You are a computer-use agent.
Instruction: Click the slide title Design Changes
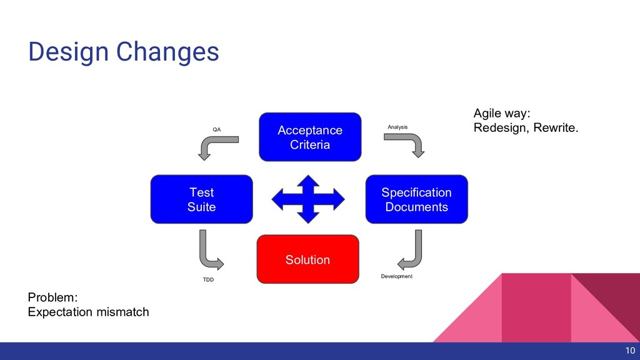(x=123, y=52)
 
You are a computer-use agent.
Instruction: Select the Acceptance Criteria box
(x=310, y=137)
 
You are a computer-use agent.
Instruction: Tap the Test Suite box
(x=201, y=199)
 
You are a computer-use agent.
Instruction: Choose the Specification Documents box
(x=416, y=199)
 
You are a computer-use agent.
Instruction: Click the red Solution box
(x=307, y=259)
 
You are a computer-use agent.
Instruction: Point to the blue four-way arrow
(x=307, y=199)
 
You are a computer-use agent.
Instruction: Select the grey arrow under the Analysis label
(x=406, y=143)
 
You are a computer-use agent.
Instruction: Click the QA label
(x=217, y=129)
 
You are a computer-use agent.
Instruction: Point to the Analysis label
(x=397, y=127)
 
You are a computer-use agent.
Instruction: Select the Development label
(x=396, y=276)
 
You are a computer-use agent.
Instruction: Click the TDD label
(x=208, y=279)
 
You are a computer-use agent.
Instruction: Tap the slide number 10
(x=629, y=351)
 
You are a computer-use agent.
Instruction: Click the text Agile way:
(x=501, y=114)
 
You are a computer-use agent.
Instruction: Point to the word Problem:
(x=52, y=297)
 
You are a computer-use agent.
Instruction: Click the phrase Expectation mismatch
(x=88, y=311)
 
